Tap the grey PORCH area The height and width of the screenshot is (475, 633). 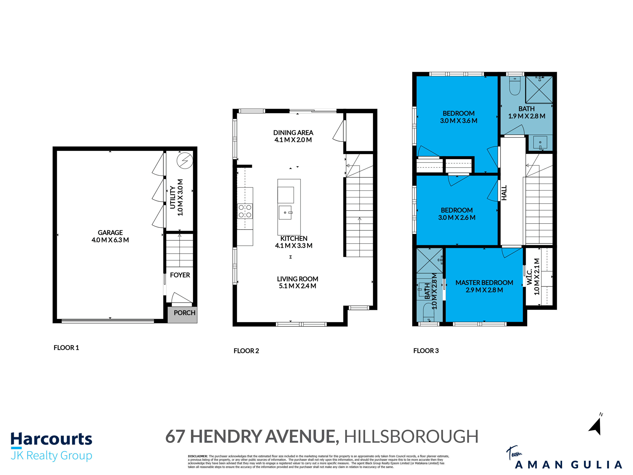(182, 315)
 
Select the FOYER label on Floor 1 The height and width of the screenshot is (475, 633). (180, 275)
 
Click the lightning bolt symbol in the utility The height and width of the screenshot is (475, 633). (185, 161)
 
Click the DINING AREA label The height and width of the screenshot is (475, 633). (293, 133)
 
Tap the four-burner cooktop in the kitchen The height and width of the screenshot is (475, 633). (245, 211)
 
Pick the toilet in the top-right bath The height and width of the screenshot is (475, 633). (515, 86)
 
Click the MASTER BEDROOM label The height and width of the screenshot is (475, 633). (484, 283)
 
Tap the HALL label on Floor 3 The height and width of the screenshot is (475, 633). (504, 193)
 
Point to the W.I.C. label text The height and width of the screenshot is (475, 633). (530, 277)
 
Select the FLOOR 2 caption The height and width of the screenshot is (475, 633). (246, 351)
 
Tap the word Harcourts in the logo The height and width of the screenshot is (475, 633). (51, 439)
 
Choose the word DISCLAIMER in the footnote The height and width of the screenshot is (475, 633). (197, 456)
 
